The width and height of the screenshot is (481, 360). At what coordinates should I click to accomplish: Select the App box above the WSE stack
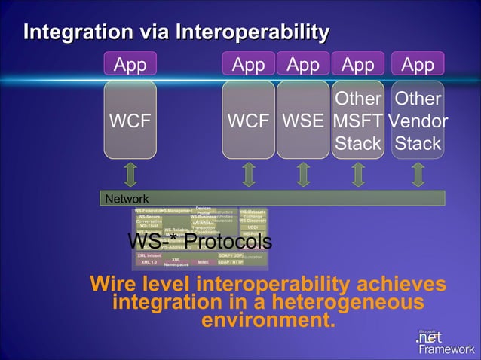(303, 65)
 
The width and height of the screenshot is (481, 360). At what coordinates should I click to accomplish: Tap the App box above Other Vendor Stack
(418, 65)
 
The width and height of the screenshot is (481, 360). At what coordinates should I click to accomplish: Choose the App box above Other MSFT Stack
(358, 65)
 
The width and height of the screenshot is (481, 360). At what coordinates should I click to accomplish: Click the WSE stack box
(303, 121)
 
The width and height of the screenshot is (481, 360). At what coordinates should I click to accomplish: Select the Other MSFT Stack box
(358, 121)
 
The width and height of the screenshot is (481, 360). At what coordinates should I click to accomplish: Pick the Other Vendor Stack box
(418, 121)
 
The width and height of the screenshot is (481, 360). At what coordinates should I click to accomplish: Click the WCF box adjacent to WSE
(248, 121)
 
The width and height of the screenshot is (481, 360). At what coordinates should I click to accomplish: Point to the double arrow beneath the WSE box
(303, 172)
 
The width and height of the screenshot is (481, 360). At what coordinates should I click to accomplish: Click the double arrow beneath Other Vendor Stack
(418, 172)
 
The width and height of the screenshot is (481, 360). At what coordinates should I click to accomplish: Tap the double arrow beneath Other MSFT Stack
(358, 172)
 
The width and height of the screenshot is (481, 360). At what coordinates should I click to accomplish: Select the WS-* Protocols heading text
(199, 242)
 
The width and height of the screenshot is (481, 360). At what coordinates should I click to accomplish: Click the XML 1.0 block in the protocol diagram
(149, 262)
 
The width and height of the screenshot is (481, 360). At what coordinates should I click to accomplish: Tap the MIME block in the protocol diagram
(203, 262)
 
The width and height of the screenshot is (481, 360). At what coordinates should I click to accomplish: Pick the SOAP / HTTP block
(230, 262)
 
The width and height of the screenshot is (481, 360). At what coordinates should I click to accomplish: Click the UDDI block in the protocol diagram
(253, 227)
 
